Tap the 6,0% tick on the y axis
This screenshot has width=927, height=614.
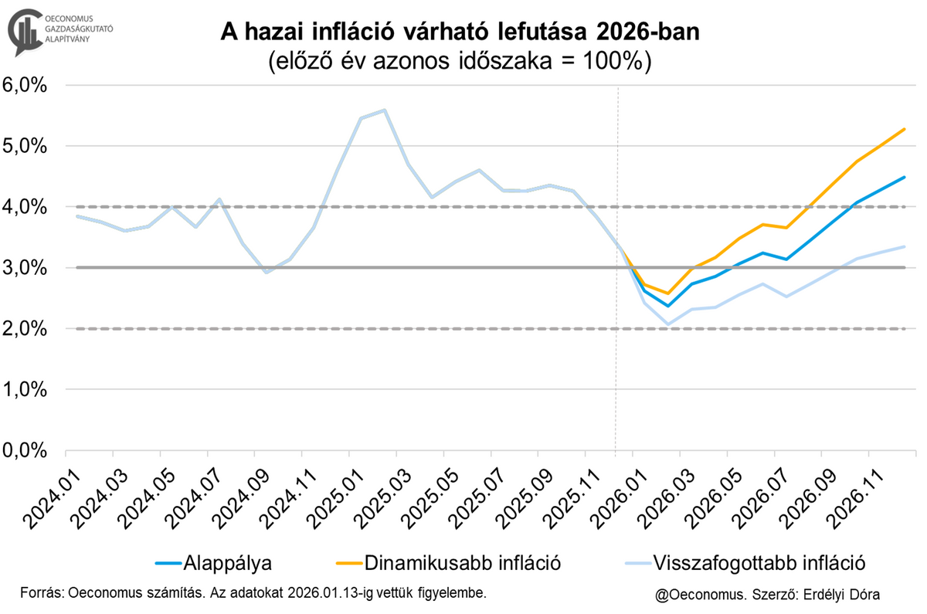27,85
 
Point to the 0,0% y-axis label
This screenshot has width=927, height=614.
27,450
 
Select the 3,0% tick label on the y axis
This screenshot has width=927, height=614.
27,268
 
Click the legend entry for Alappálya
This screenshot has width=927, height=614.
225,561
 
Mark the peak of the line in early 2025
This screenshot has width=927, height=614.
385,110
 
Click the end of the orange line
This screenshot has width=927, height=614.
905,129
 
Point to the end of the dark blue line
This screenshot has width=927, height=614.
905,177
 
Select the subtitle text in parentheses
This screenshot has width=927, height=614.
461,62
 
